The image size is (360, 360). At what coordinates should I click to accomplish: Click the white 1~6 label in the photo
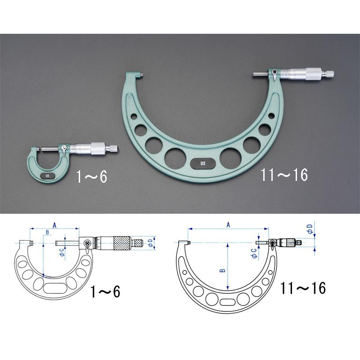(x=92, y=176)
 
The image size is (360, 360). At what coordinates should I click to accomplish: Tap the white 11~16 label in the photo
(x=284, y=175)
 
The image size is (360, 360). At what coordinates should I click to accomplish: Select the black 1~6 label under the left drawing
(x=105, y=292)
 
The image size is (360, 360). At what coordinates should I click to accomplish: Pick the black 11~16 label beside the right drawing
(x=303, y=288)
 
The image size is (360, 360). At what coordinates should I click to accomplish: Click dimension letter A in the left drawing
(x=54, y=225)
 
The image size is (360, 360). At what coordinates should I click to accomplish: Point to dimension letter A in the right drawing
(x=228, y=225)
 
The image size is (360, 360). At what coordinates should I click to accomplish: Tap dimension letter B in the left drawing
(x=48, y=232)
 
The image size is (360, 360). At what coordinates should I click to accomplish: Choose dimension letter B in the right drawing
(x=222, y=270)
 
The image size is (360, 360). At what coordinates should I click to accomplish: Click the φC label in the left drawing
(x=62, y=252)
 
